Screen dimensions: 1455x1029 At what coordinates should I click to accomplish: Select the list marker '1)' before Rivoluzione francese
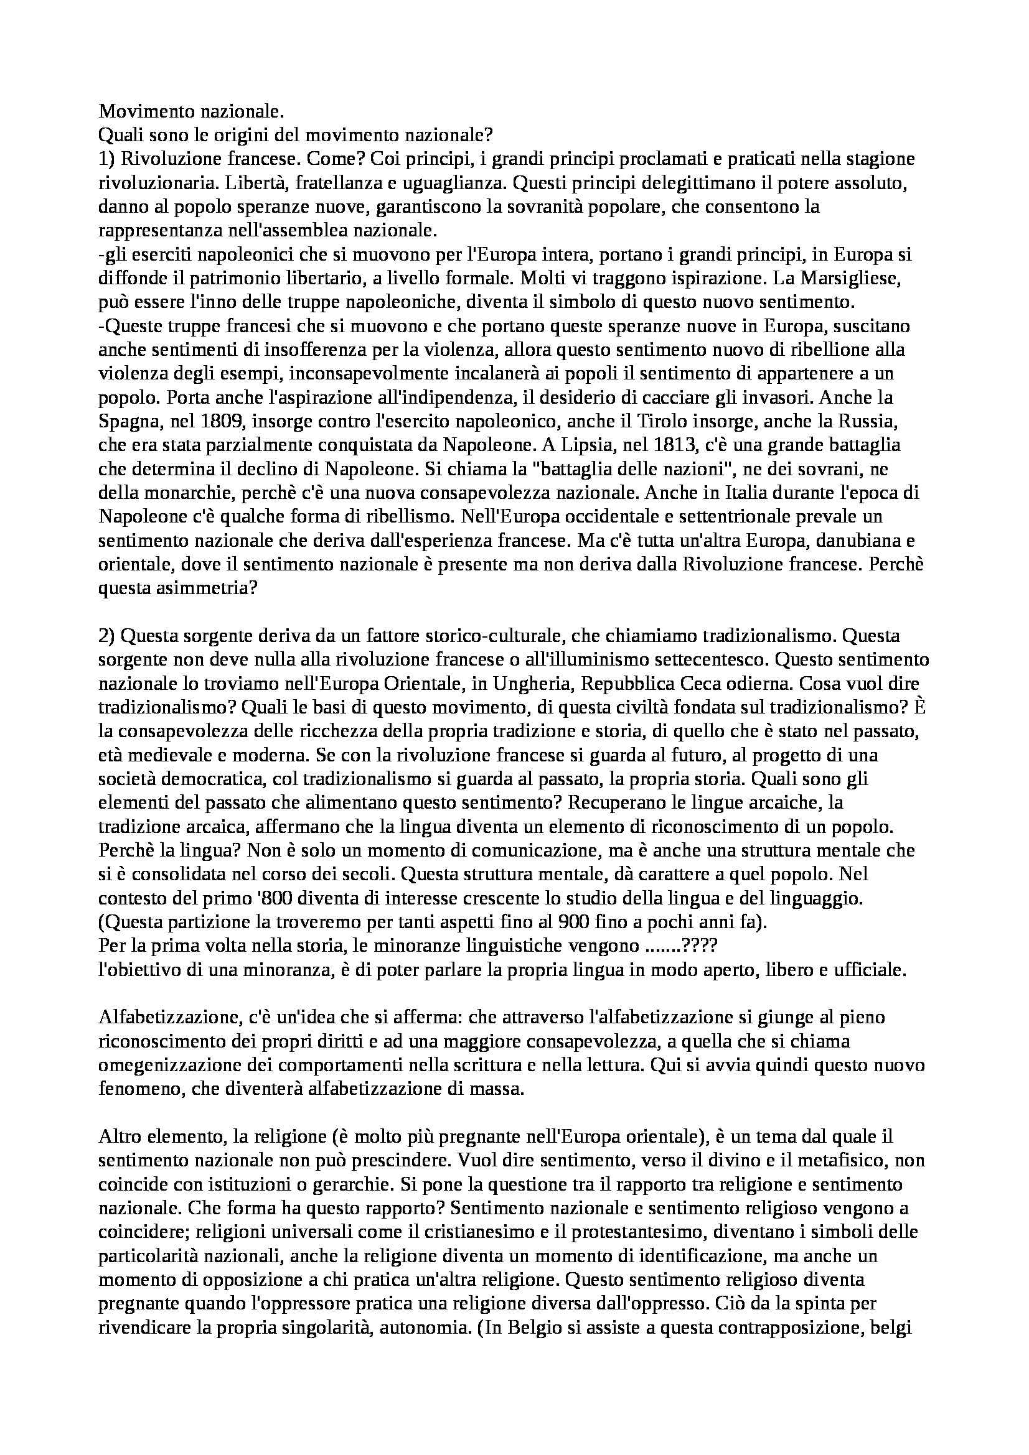point(108,159)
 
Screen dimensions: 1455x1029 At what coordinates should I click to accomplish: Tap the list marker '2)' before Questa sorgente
point(108,636)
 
